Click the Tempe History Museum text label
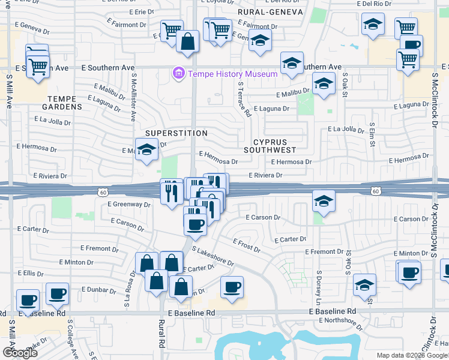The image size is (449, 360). click(x=232, y=74)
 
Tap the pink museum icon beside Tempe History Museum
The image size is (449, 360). click(x=178, y=74)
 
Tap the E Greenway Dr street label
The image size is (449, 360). click(x=129, y=204)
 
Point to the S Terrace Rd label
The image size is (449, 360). click(x=244, y=100)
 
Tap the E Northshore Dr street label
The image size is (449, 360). click(x=341, y=323)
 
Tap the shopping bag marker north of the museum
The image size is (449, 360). click(x=188, y=42)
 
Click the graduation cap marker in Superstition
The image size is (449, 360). click(x=146, y=151)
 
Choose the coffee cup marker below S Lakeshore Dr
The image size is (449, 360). click(x=232, y=287)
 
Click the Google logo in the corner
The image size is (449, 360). click(x=20, y=353)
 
